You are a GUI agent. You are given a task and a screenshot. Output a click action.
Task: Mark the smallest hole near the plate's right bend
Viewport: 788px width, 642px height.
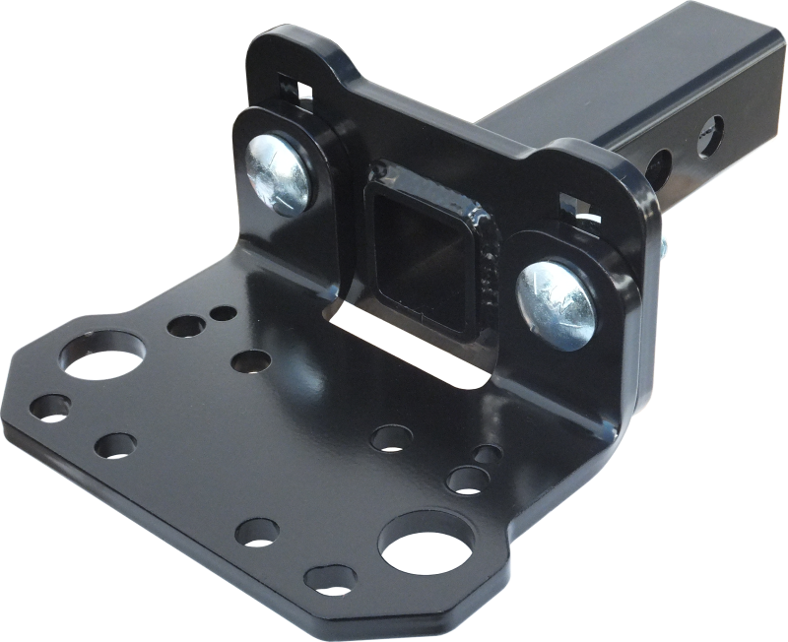(x=487, y=453)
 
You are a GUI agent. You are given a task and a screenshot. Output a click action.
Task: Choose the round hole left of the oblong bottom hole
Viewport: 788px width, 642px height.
(x=258, y=530)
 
